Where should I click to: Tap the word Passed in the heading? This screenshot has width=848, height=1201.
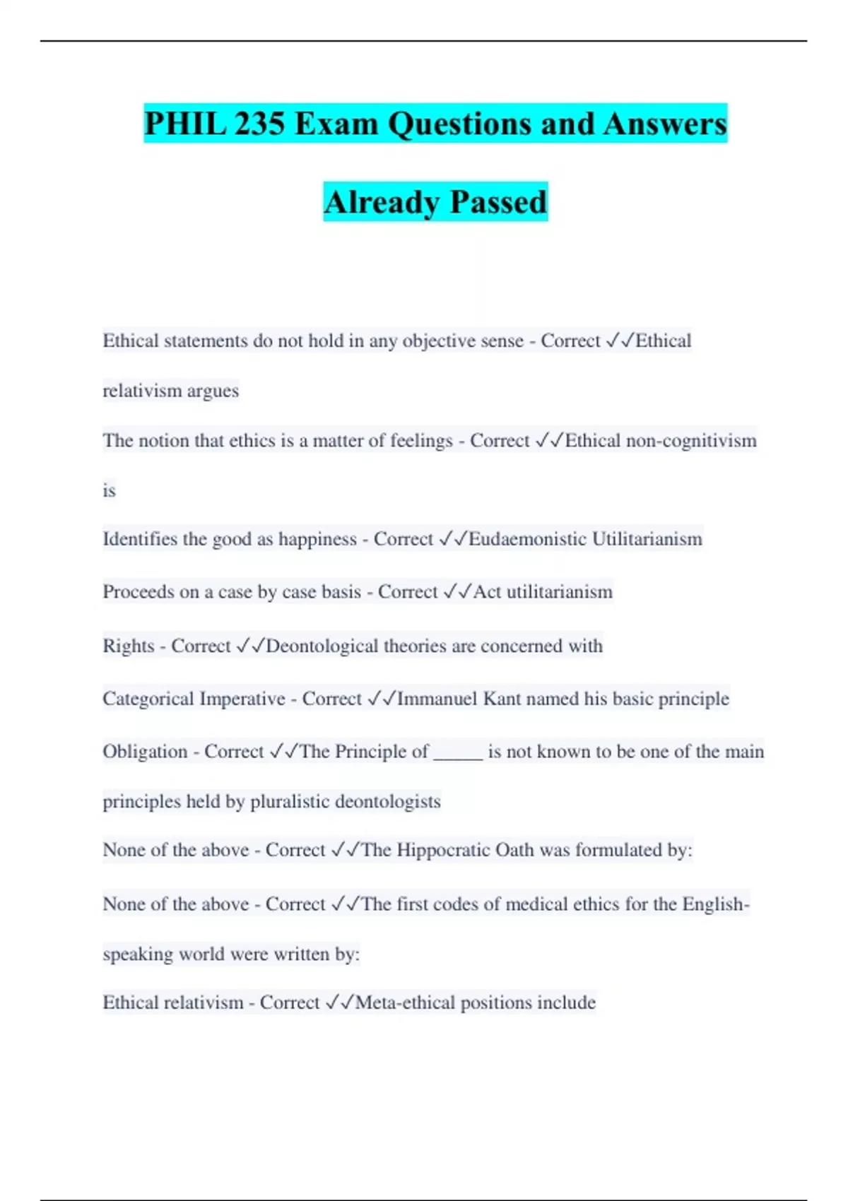[498, 202]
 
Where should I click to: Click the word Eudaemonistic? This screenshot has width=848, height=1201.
[528, 539]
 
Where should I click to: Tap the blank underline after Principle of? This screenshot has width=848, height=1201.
[458, 753]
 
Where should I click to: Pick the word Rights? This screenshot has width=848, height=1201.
[128, 646]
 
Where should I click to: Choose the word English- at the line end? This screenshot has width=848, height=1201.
[715, 904]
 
